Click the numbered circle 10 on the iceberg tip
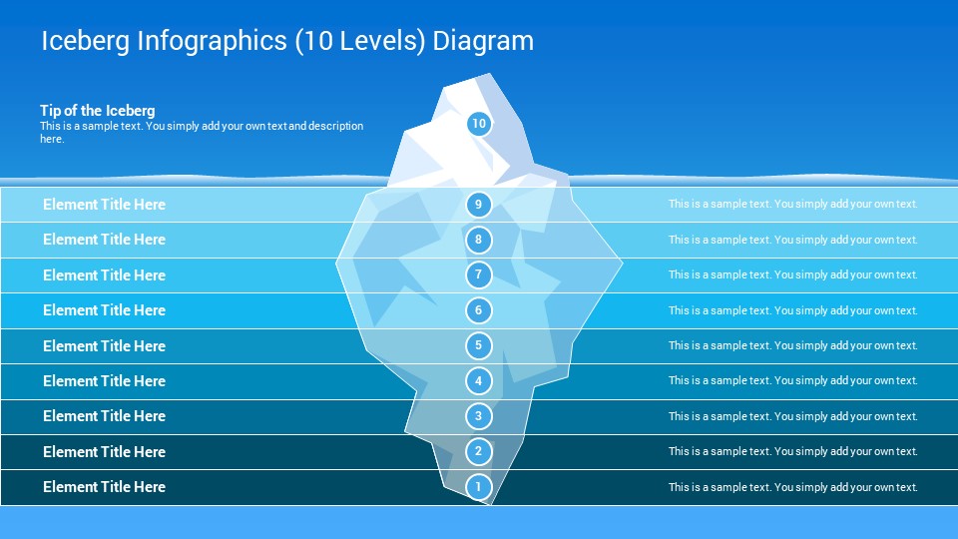pyautogui.click(x=479, y=124)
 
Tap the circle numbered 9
pyautogui.click(x=478, y=204)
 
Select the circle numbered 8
pyautogui.click(x=478, y=240)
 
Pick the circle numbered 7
pyautogui.click(x=478, y=274)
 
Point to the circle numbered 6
pyautogui.click(x=478, y=309)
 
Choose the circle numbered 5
pyautogui.click(x=478, y=345)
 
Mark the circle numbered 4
pyautogui.click(x=478, y=380)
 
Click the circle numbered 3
pyautogui.click(x=478, y=416)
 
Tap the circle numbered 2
pyautogui.click(x=478, y=451)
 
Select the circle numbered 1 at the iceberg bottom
pyautogui.click(x=478, y=487)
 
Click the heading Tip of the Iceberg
pyautogui.click(x=98, y=111)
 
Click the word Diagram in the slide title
pyautogui.click(x=483, y=41)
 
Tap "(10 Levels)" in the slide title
pyautogui.click(x=360, y=42)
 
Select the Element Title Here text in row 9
pyautogui.click(x=105, y=204)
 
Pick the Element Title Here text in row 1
pyautogui.click(x=105, y=487)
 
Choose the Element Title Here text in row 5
pyautogui.click(x=105, y=346)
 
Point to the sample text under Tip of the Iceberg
pyautogui.click(x=202, y=132)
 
